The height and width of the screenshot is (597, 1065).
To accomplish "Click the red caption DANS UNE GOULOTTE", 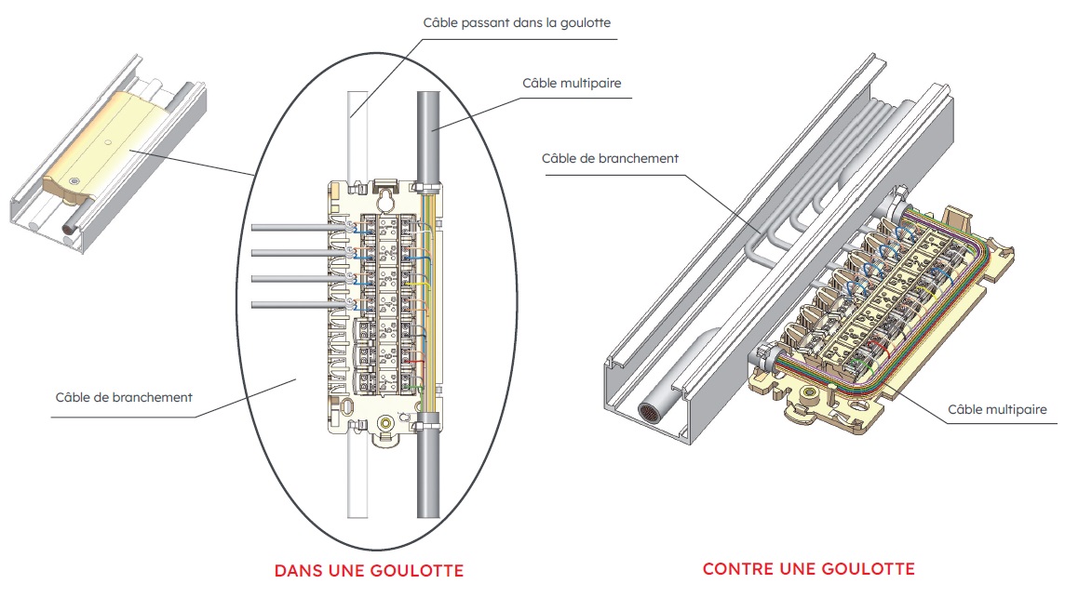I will [369, 569].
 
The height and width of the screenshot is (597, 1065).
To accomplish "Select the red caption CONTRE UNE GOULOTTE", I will [808, 568].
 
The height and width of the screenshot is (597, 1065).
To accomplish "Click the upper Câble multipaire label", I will [572, 84].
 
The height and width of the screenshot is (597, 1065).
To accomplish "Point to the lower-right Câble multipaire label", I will [997, 409].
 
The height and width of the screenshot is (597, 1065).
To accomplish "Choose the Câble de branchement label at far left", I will [124, 397].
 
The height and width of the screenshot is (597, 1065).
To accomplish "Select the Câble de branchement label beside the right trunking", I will [610, 158].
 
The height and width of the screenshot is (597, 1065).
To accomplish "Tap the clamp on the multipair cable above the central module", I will [429, 192].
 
